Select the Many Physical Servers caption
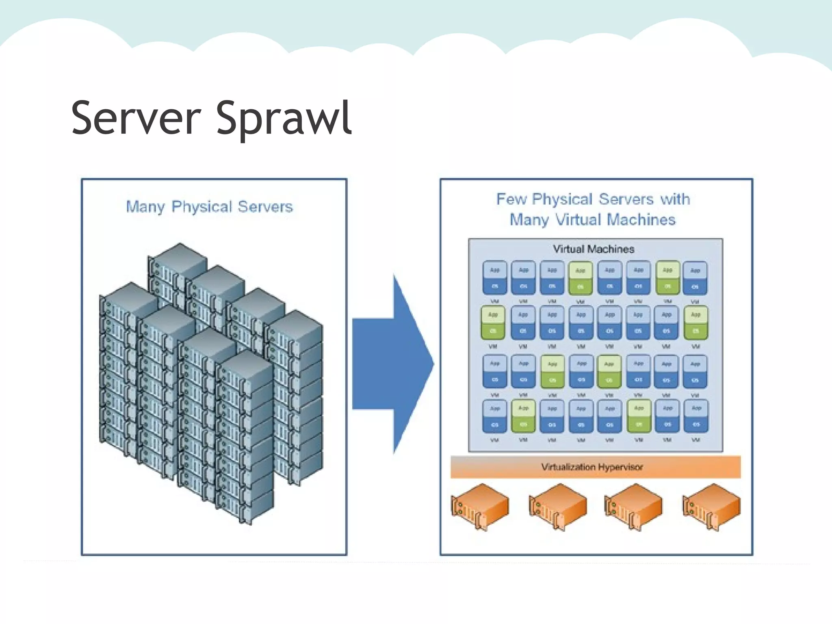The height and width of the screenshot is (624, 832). (209, 207)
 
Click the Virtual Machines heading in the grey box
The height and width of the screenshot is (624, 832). (593, 249)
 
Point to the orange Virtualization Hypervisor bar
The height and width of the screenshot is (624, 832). (595, 467)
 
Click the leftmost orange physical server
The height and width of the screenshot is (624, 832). (480, 506)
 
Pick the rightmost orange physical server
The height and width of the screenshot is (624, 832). (711, 506)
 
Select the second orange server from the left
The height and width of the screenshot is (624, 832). (557, 506)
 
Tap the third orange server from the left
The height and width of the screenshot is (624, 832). (633, 506)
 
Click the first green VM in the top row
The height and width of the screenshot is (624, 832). (581, 278)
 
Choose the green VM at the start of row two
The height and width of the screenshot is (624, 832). (493, 323)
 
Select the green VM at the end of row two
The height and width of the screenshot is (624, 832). (695, 323)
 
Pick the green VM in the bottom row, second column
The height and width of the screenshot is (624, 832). (523, 416)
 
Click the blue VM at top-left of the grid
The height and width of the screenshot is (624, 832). (494, 278)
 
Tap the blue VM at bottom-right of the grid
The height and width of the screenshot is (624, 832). (696, 416)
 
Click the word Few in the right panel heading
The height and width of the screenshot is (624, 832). (511, 199)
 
